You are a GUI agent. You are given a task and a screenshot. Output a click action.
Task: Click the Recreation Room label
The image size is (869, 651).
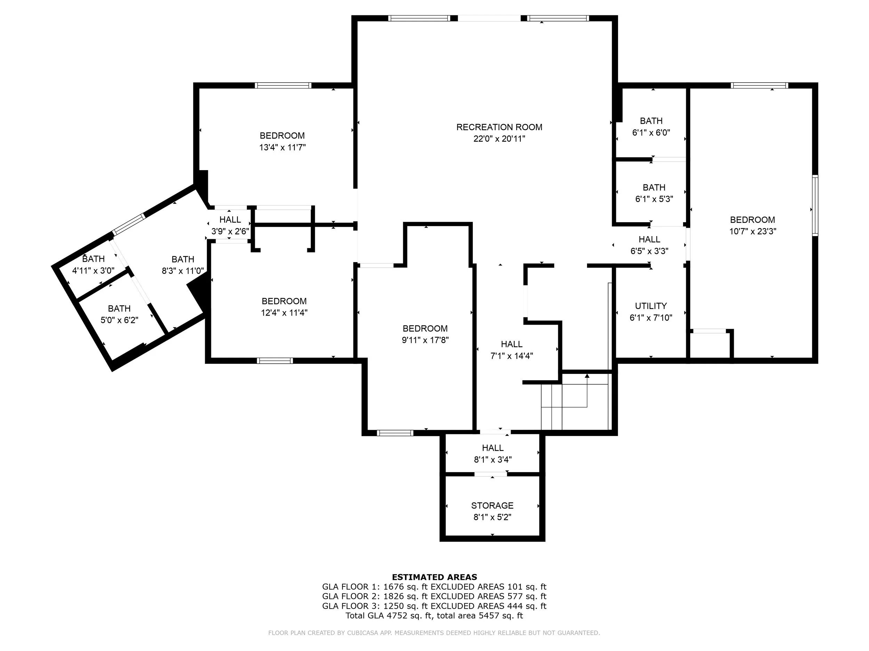coord(499,127)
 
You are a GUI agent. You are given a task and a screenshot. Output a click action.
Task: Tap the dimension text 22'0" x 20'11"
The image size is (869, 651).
coord(499,139)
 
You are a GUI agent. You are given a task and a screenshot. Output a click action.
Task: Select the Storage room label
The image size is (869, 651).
coord(492,506)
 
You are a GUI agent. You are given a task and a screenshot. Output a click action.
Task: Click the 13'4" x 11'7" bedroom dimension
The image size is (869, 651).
coord(282,148)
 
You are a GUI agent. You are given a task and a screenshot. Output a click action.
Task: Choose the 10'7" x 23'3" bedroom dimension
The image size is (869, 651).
coord(752,231)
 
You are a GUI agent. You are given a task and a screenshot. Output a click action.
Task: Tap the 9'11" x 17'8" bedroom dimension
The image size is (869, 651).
coord(425,340)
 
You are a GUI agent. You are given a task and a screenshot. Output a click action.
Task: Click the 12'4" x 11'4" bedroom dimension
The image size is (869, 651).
coord(284,313)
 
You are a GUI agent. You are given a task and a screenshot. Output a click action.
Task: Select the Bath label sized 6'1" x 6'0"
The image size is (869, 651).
coord(651,121)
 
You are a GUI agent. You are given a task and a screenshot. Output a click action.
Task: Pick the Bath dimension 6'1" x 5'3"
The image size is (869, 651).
coord(654,199)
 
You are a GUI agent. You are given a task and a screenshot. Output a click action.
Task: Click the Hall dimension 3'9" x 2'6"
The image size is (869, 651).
coord(230,231)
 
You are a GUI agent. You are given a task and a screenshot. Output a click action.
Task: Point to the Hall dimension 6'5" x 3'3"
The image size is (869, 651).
coord(649,251)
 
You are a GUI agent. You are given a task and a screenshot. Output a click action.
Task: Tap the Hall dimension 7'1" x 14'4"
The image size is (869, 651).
coord(512,356)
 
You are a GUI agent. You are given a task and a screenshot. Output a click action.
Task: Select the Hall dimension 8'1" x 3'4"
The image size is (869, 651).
coord(493,459)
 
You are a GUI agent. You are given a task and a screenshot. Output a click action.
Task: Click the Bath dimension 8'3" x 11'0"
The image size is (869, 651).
coord(183,271)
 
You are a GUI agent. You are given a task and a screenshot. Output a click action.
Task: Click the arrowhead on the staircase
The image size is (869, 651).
coord(587,376)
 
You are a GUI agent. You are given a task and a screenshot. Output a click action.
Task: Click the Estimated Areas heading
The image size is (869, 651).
coord(434,577)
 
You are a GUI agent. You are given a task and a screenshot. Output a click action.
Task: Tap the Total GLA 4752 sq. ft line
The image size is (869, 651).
coord(434,615)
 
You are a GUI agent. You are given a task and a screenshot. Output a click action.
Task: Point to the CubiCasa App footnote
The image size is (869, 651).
coord(434,633)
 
